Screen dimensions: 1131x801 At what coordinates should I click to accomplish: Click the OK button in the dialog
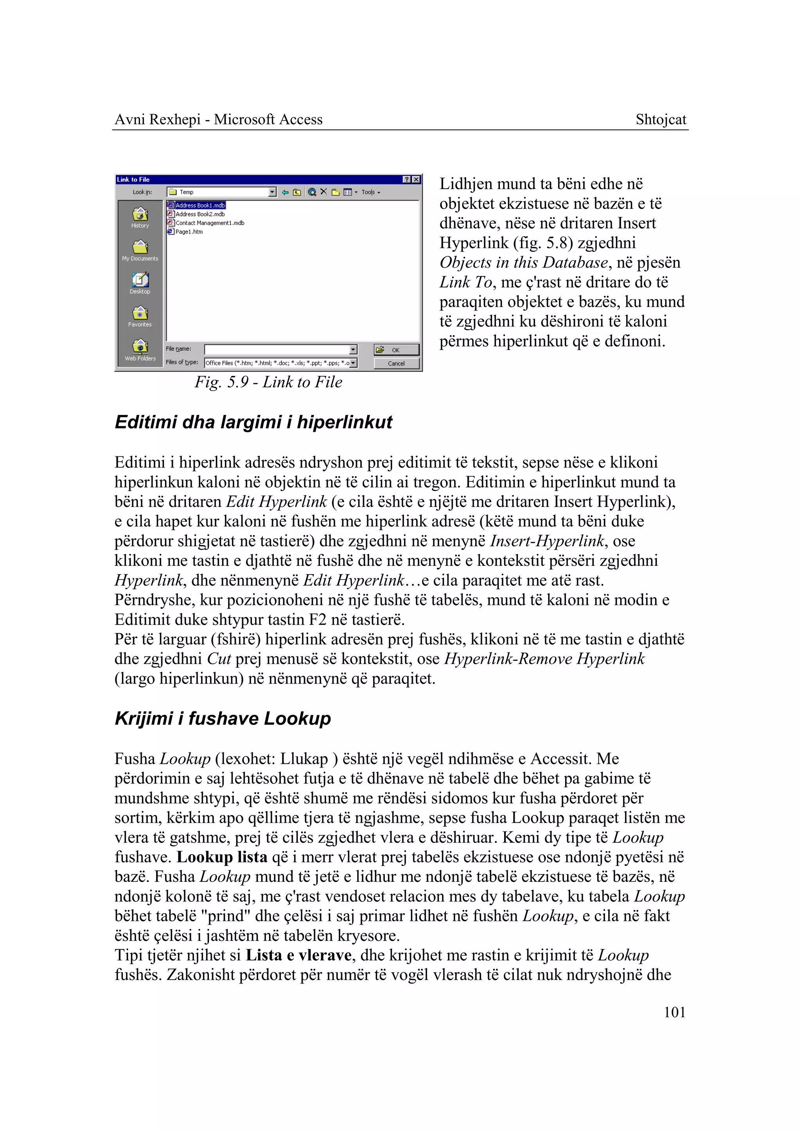click(x=396, y=350)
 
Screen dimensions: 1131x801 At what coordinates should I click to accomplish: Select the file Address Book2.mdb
click(x=200, y=214)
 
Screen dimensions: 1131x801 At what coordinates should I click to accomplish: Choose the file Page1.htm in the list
click(x=189, y=232)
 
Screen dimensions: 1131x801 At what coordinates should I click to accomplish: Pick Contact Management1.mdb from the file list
click(x=210, y=223)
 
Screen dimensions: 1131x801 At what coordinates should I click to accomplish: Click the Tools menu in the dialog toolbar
click(x=370, y=192)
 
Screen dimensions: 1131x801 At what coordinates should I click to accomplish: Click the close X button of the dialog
click(x=416, y=180)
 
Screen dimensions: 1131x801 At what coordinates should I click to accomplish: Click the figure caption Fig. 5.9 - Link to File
click(x=268, y=382)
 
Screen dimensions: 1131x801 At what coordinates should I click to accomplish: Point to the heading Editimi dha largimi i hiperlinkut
click(x=253, y=423)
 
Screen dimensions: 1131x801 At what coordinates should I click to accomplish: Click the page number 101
click(x=674, y=1013)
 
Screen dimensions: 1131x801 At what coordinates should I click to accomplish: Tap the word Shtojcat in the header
click(x=661, y=120)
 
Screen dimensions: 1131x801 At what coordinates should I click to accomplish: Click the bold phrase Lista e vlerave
click(x=298, y=955)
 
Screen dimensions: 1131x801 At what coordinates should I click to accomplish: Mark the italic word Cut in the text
click(x=219, y=659)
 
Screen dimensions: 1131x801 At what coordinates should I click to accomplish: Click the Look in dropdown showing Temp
click(x=221, y=192)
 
